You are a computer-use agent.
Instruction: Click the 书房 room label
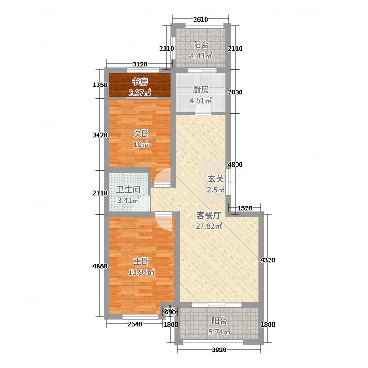click(x=140, y=82)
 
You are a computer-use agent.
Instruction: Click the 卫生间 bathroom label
click(x=128, y=190)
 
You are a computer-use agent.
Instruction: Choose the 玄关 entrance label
click(x=215, y=179)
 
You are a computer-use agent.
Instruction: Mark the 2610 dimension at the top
click(x=201, y=19)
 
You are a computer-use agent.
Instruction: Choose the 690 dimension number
click(x=170, y=313)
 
